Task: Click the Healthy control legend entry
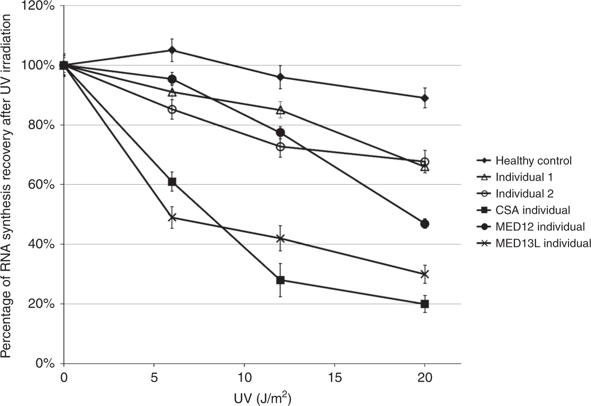coord(533,160)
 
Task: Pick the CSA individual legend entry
coord(533,210)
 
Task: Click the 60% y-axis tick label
coord(45,185)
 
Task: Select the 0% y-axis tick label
coord(48,364)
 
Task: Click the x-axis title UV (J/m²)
coord(262,396)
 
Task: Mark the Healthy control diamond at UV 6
coord(172,50)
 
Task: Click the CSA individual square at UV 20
coord(424,304)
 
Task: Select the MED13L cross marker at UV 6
coord(172,217)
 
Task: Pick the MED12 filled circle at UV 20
coord(424,224)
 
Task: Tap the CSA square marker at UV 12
coord(280,280)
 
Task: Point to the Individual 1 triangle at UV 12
coord(280,110)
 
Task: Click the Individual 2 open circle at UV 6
coord(172,109)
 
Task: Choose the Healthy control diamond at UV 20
coord(424,98)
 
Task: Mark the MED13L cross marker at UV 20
coord(424,274)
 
